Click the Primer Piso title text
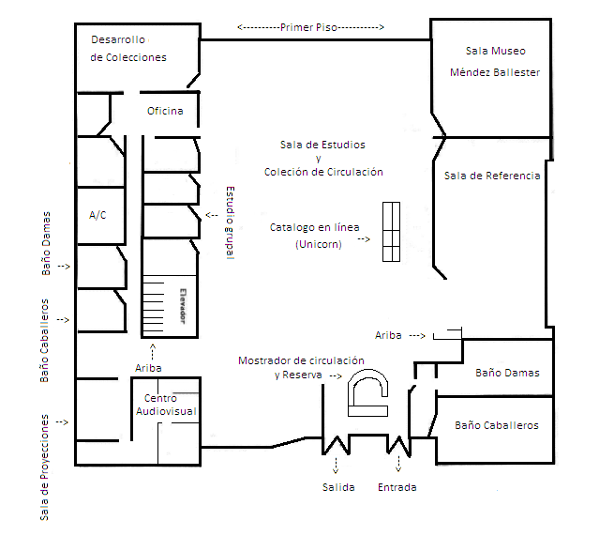310,27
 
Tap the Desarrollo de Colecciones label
128,48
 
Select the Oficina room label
165,112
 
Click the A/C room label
97,215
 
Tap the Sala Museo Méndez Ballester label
494,61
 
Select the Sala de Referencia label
492,176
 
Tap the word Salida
337,487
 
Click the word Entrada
397,487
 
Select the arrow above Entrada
399,464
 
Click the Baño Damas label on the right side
507,373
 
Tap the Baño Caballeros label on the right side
497,425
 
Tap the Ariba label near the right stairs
388,335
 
